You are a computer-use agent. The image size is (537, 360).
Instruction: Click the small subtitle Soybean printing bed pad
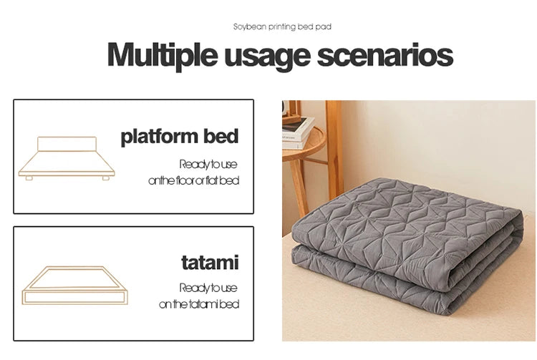pyautogui.click(x=282, y=26)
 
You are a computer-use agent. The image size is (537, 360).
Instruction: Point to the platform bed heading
pyautogui.click(x=179, y=136)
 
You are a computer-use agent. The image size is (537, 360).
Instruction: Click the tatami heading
pyautogui.click(x=210, y=263)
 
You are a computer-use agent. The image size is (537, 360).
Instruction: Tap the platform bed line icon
pyautogui.click(x=67, y=159)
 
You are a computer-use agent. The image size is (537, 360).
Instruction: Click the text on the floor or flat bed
pyautogui.click(x=193, y=181)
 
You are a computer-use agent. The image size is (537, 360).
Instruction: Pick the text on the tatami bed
pyautogui.click(x=198, y=304)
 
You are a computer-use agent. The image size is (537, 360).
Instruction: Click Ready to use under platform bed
pyautogui.click(x=208, y=164)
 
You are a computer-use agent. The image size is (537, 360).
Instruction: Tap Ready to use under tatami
pyautogui.click(x=208, y=288)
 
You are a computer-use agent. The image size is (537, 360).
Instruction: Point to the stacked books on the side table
pyautogui.click(x=296, y=133)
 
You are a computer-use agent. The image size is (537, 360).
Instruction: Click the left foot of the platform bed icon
pyautogui.click(x=29, y=178)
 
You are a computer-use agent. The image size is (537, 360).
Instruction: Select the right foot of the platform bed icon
pyautogui.click(x=105, y=178)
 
